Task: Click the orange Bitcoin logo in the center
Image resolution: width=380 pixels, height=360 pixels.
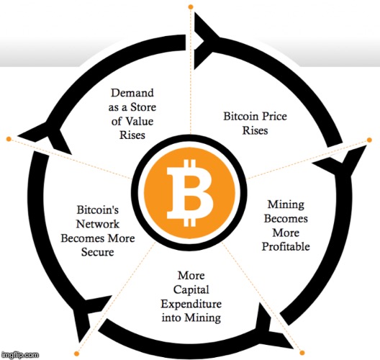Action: point(190,193)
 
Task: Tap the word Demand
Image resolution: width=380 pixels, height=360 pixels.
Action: point(132,93)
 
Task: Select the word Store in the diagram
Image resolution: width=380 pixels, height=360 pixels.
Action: point(143,107)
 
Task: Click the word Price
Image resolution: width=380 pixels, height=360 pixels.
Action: point(274,117)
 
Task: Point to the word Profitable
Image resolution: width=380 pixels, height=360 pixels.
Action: point(286,247)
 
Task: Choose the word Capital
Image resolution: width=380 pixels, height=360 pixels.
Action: point(191,290)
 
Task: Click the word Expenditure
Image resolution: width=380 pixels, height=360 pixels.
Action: point(191,304)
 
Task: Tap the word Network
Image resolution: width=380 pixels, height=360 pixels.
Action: point(98,224)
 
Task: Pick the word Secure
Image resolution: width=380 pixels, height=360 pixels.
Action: point(98,252)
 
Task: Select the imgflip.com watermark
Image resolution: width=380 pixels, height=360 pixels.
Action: point(20,355)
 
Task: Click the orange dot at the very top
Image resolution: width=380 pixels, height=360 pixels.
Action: point(191,6)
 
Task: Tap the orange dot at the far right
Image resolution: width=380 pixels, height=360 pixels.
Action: point(369,140)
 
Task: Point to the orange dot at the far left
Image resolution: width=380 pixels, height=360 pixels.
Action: point(9,139)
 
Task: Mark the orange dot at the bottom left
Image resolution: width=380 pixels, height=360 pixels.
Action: point(76,354)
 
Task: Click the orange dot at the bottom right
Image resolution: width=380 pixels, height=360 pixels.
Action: point(302,353)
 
